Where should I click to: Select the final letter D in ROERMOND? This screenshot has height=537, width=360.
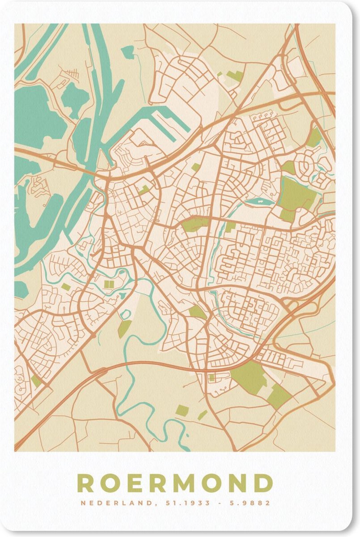[x=264, y=483]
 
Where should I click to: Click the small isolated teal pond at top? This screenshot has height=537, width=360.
[x=127, y=51]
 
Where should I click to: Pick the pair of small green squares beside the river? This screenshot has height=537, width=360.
[x=109, y=284]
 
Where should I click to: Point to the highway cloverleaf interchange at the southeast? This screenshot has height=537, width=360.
[x=293, y=309]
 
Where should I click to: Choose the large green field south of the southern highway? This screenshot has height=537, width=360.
[x=248, y=376]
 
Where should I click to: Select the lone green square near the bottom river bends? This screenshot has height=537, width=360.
[x=182, y=410]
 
